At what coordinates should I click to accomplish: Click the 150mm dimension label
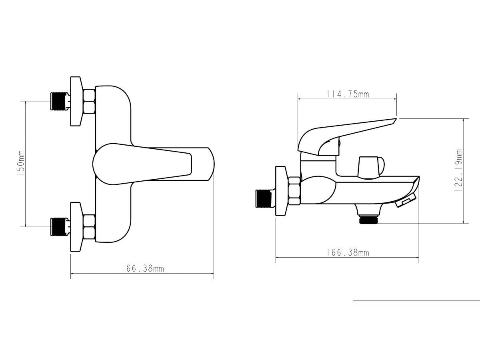22,163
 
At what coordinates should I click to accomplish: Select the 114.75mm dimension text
348,94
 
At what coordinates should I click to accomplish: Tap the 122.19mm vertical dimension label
458,170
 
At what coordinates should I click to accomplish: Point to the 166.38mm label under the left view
142,269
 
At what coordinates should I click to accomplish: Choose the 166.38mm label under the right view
348,253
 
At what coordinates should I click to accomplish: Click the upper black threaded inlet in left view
59,101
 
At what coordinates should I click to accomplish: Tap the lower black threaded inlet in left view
59,227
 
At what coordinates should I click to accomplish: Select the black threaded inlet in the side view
264,198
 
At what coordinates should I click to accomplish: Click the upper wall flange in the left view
76,101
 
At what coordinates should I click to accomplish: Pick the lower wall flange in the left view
76,227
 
